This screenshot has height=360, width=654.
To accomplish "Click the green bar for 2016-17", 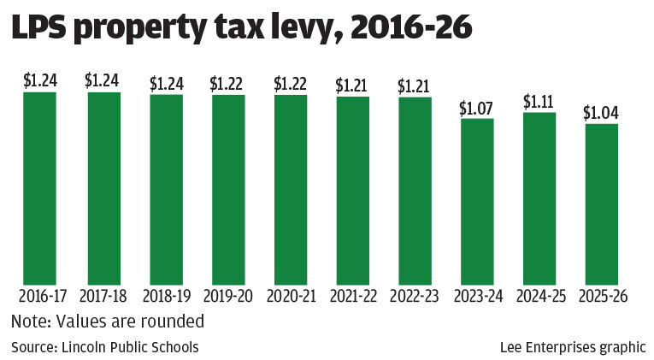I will coord(39,188).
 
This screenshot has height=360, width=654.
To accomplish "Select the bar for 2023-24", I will coord(477,202).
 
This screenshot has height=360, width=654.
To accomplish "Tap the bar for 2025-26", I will coord(601,204).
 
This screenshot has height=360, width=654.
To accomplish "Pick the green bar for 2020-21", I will coord(290,189).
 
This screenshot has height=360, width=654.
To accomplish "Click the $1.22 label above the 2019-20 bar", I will coord(228,84).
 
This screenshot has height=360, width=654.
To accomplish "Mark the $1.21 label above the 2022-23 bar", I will coord(415,86).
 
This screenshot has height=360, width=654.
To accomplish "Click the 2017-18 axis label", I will coord(102,297).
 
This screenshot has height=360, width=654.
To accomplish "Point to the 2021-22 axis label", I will coord(352,297).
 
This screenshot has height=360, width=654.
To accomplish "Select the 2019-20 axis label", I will coord(228,297).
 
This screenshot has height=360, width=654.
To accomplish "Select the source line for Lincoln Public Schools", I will coord(104,347).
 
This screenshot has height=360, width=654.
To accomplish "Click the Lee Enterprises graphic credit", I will coord(573,347).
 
